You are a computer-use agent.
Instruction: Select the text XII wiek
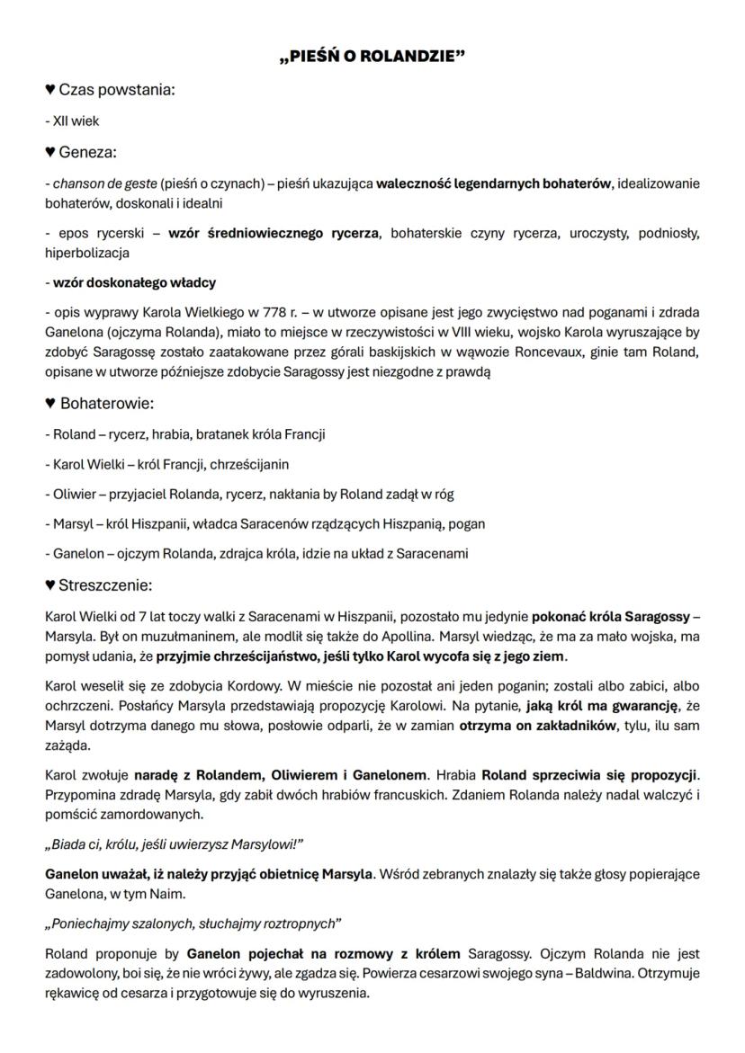(72, 121)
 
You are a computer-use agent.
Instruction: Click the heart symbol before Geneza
(50, 153)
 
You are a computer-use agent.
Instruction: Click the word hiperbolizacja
(87, 254)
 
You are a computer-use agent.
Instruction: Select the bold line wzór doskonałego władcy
(130, 283)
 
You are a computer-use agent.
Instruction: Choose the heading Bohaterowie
(106, 404)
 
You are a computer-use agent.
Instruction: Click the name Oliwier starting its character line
(75, 494)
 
